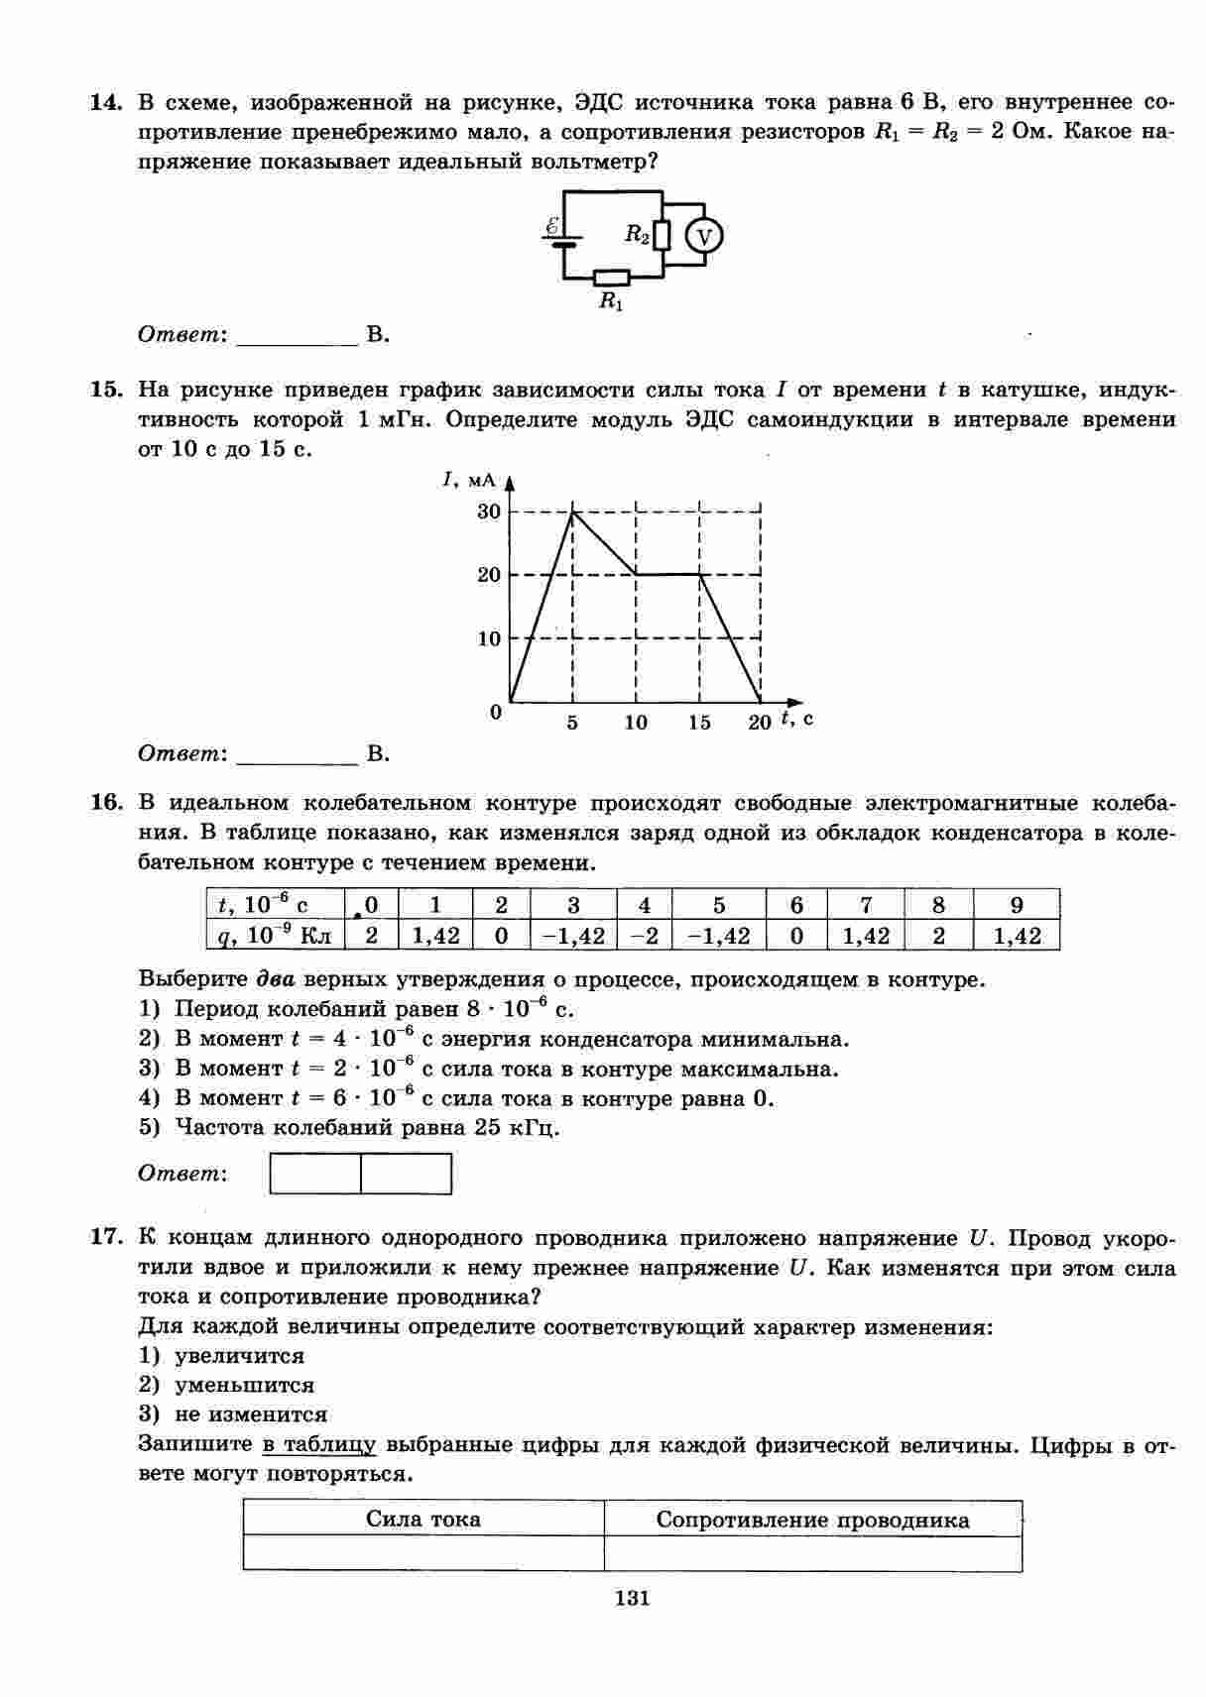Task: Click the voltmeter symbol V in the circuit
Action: click(704, 236)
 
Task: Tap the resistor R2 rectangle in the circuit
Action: click(663, 235)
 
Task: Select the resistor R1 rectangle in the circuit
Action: click(611, 278)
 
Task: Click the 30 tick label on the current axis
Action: click(489, 511)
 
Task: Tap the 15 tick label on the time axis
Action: click(699, 723)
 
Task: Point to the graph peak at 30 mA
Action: click(573, 511)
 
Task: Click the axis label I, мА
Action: click(468, 481)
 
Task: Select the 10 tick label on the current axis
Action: click(489, 638)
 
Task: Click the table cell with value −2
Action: click(645, 935)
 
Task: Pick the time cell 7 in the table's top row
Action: click(866, 904)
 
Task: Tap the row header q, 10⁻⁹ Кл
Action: click(275, 935)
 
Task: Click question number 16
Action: click(105, 802)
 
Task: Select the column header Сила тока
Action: click(423, 1520)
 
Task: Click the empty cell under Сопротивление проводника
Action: click(812, 1553)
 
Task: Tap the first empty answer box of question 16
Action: click(315, 1174)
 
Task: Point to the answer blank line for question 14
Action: click(298, 337)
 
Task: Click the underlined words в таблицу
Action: click(319, 1444)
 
